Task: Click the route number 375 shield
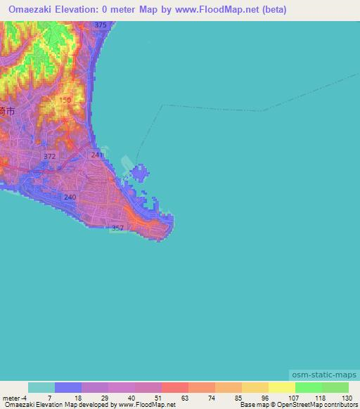click(100, 25)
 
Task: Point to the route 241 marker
click(96, 155)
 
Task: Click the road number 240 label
click(69, 197)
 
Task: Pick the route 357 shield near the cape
click(118, 228)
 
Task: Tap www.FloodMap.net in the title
click(216, 11)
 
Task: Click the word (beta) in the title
click(271, 11)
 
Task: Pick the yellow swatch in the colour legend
click(281, 387)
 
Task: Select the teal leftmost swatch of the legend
click(41, 387)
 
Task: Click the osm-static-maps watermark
click(323, 375)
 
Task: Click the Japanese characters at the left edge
click(7, 111)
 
